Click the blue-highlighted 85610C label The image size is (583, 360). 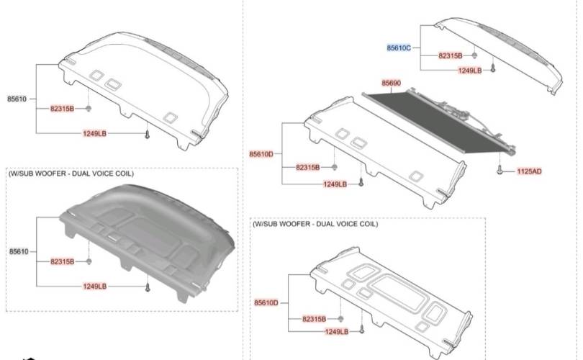(x=398, y=48)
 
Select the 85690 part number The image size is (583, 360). (x=391, y=84)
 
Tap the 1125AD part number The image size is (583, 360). (x=530, y=173)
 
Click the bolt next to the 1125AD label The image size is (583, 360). (x=499, y=171)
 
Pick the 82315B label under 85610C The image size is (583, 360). (x=451, y=55)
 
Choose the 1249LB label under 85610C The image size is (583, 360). (x=469, y=70)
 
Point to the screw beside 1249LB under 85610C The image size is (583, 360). (x=493, y=69)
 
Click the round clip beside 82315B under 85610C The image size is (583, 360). (x=475, y=55)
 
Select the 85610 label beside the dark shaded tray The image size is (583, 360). (x=18, y=251)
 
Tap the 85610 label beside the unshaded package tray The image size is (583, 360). (x=18, y=99)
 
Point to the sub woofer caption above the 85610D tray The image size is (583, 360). (x=315, y=224)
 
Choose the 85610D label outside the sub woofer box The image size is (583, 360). (x=261, y=154)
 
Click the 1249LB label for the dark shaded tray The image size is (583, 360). (x=94, y=286)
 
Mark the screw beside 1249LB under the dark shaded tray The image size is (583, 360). (x=148, y=287)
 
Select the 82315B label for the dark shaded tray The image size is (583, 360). (x=62, y=261)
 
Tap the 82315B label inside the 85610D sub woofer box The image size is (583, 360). (x=314, y=318)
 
